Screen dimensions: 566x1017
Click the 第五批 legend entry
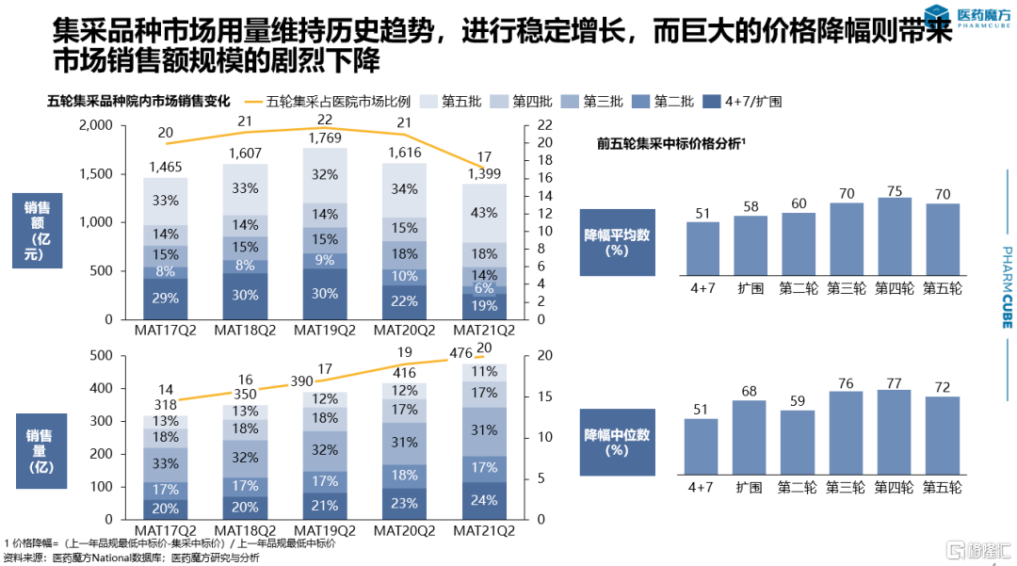(452, 102)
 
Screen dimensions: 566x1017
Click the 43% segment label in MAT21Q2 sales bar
(484, 213)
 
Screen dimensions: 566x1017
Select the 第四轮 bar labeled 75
(894, 235)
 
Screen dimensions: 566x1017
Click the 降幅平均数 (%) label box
(618, 242)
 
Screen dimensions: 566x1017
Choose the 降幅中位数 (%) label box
(618, 442)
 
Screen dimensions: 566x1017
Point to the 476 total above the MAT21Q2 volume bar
(461, 353)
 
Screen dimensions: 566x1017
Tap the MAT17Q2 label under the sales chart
(166, 331)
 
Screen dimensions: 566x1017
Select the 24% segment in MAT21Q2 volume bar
(484, 500)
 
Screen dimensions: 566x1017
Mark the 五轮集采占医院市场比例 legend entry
(330, 102)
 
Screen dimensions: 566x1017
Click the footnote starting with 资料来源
(132, 557)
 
